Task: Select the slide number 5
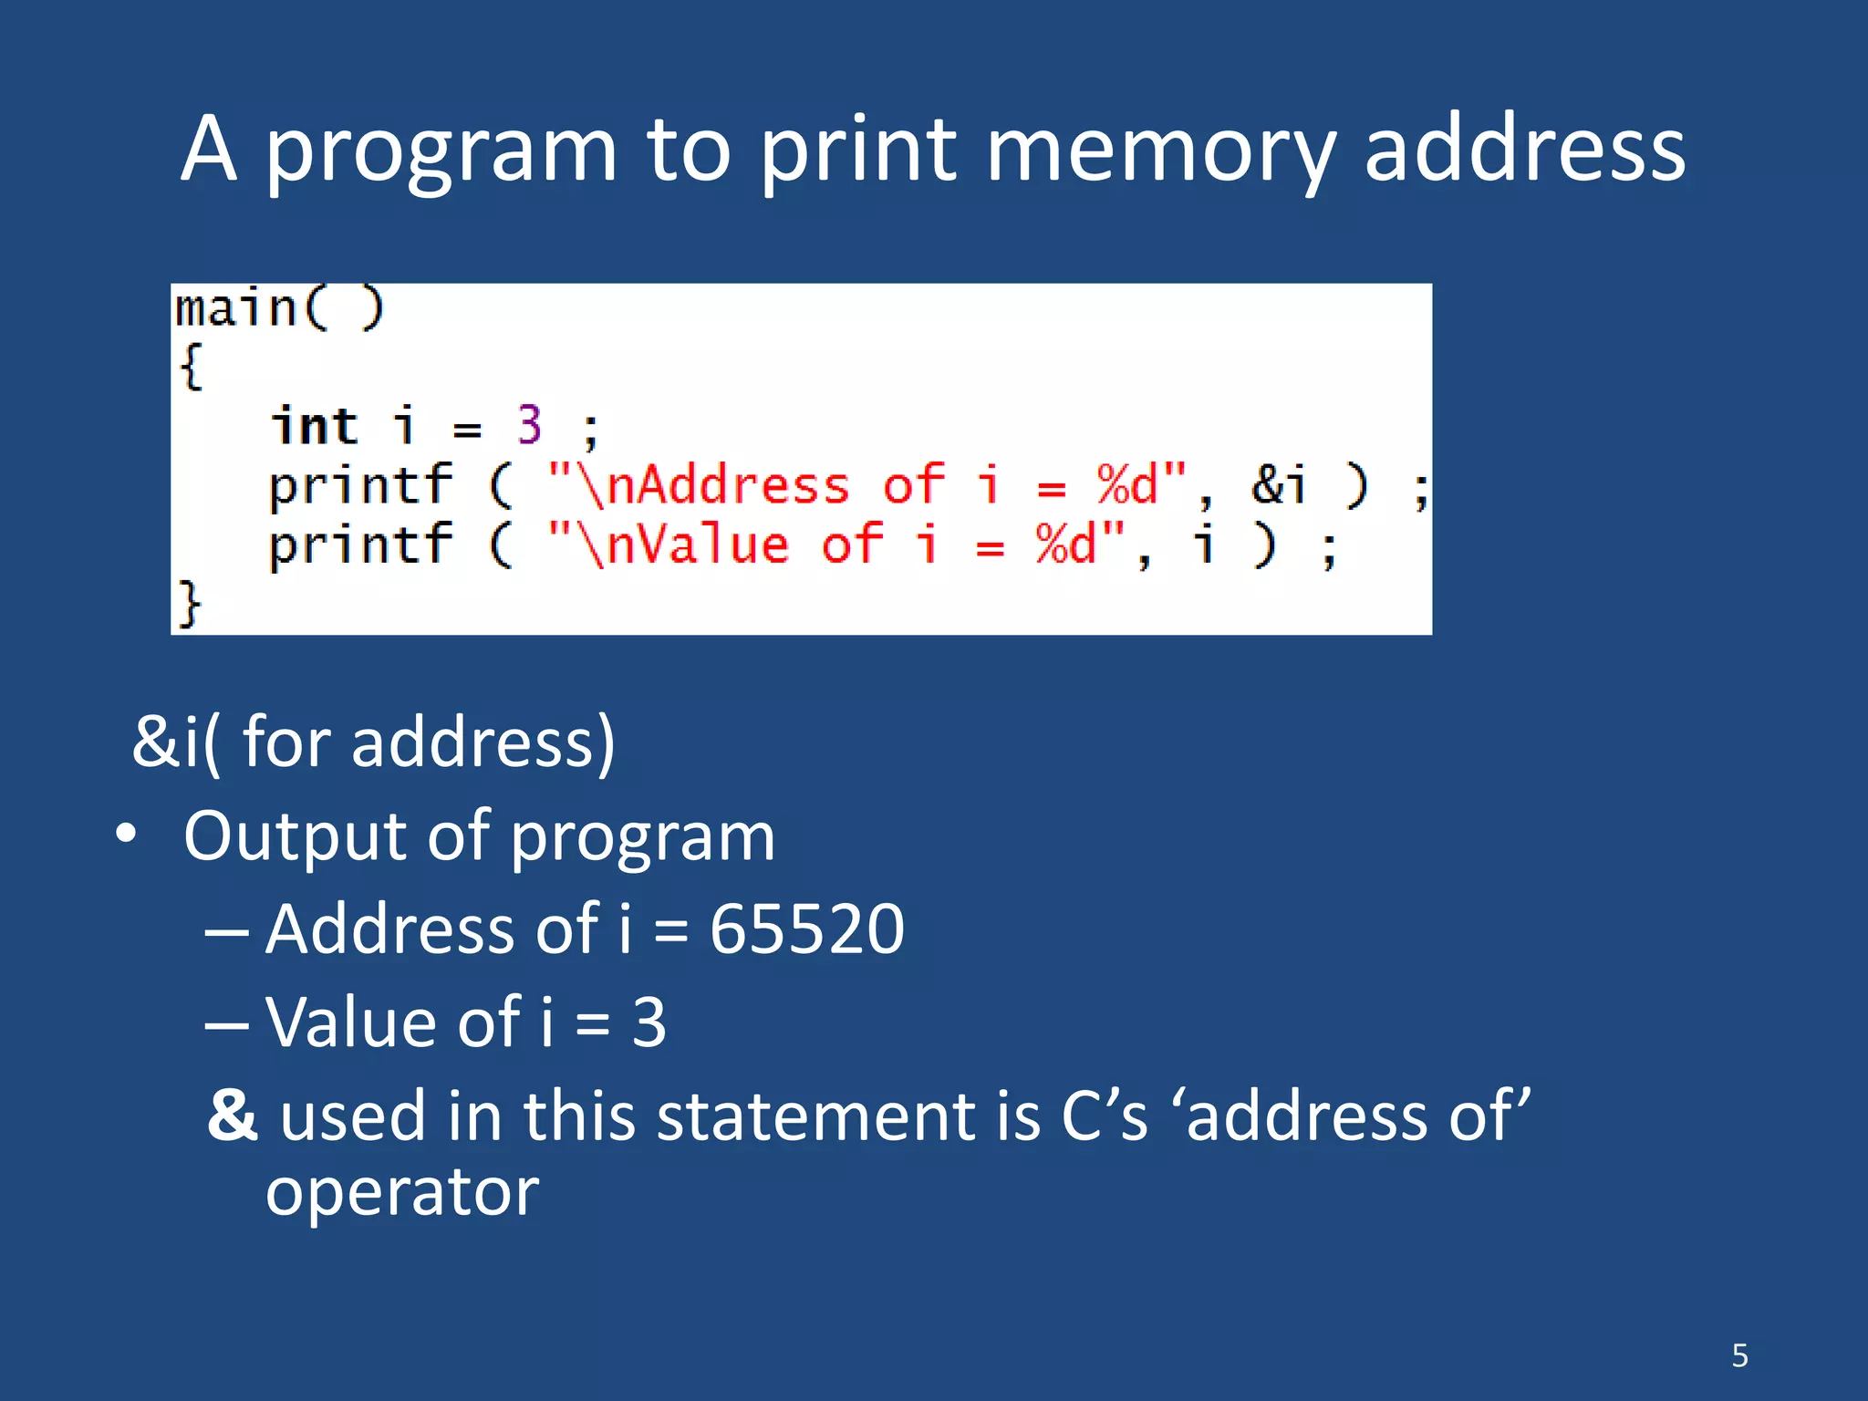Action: tap(1739, 1355)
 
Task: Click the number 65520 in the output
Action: tap(807, 929)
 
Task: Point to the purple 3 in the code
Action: tap(529, 425)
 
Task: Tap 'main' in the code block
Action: tap(236, 308)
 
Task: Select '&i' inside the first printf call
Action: tap(1279, 483)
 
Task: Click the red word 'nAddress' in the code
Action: tap(728, 484)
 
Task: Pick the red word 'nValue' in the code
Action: tap(697, 545)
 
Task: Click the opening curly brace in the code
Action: tap(191, 367)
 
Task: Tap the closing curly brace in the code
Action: tap(189, 604)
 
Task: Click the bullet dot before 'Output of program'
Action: tap(126, 835)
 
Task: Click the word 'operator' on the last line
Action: tap(402, 1193)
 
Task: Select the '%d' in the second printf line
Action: tap(1064, 545)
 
